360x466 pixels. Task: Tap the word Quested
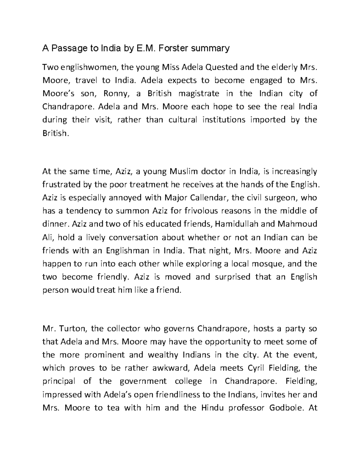pyautogui.click(x=222, y=67)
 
